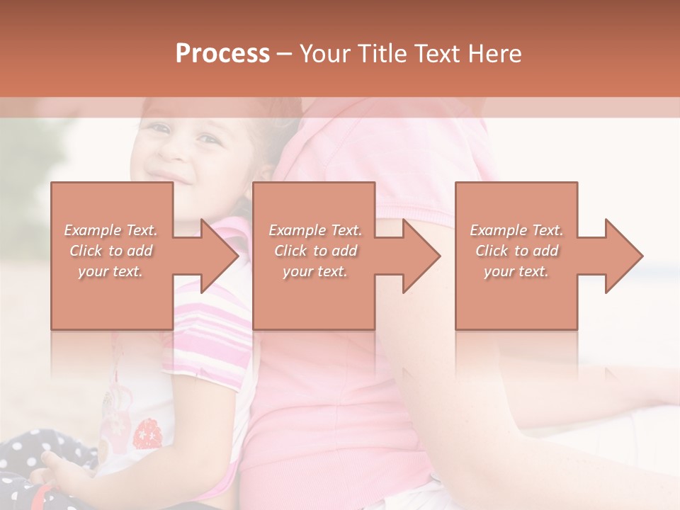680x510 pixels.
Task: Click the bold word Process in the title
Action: click(222, 54)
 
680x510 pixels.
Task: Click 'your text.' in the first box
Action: click(110, 271)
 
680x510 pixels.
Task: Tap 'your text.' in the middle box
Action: click(314, 271)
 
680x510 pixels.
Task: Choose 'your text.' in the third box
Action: click(516, 271)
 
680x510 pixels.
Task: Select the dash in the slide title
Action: click(285, 54)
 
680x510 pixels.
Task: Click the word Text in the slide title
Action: click(436, 54)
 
